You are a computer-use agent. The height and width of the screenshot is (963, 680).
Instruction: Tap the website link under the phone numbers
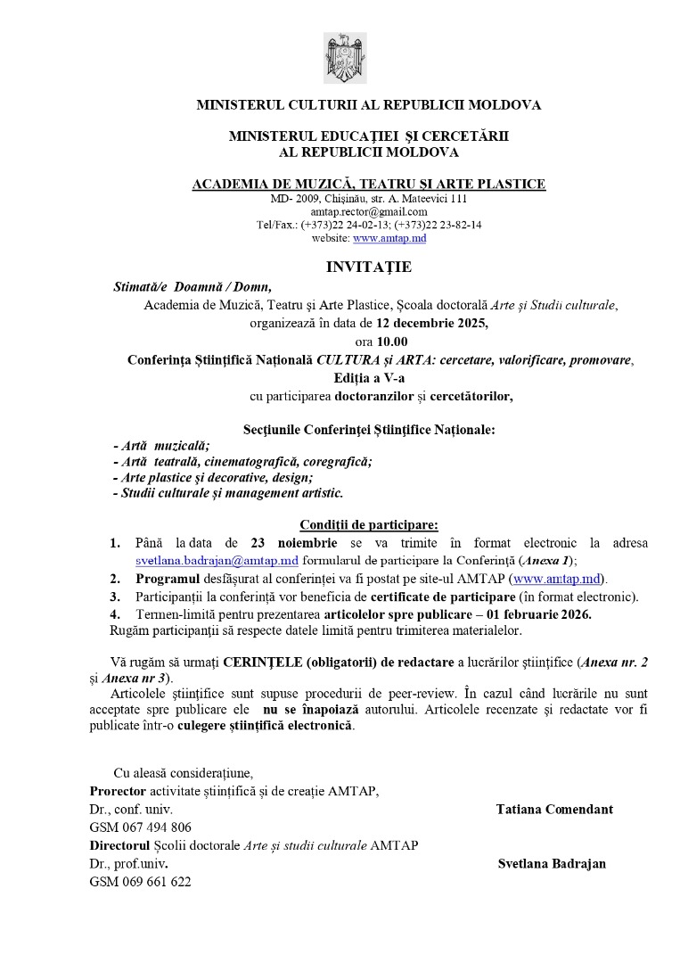(389, 238)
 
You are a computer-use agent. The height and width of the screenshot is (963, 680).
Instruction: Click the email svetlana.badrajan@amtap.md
(217, 561)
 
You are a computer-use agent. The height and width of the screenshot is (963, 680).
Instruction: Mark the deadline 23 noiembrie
(294, 543)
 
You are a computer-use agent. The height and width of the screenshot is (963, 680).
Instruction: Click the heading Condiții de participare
(368, 524)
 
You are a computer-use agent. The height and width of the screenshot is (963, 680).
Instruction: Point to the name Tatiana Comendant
(554, 810)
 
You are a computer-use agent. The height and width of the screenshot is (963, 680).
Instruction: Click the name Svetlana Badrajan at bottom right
(552, 864)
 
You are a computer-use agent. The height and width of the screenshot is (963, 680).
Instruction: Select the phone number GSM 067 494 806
(140, 827)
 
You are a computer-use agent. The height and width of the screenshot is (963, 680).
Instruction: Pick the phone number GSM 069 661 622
(140, 882)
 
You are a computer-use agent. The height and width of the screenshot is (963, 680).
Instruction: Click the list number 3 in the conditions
(114, 597)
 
